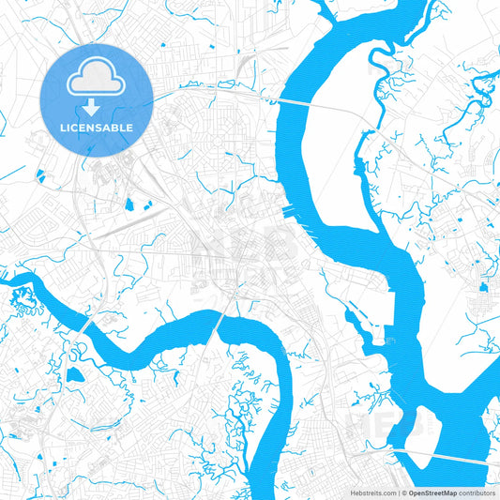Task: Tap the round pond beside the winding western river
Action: pos(75,374)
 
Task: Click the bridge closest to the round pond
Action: pos(87,325)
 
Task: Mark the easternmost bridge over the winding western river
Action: pos(221,322)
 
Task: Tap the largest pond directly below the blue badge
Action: pos(129,204)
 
